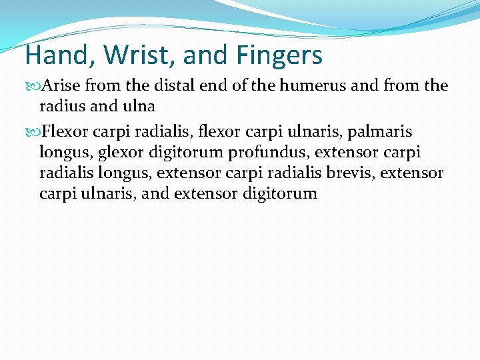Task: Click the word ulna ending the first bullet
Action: click(140, 107)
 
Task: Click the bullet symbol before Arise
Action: click(35, 86)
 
